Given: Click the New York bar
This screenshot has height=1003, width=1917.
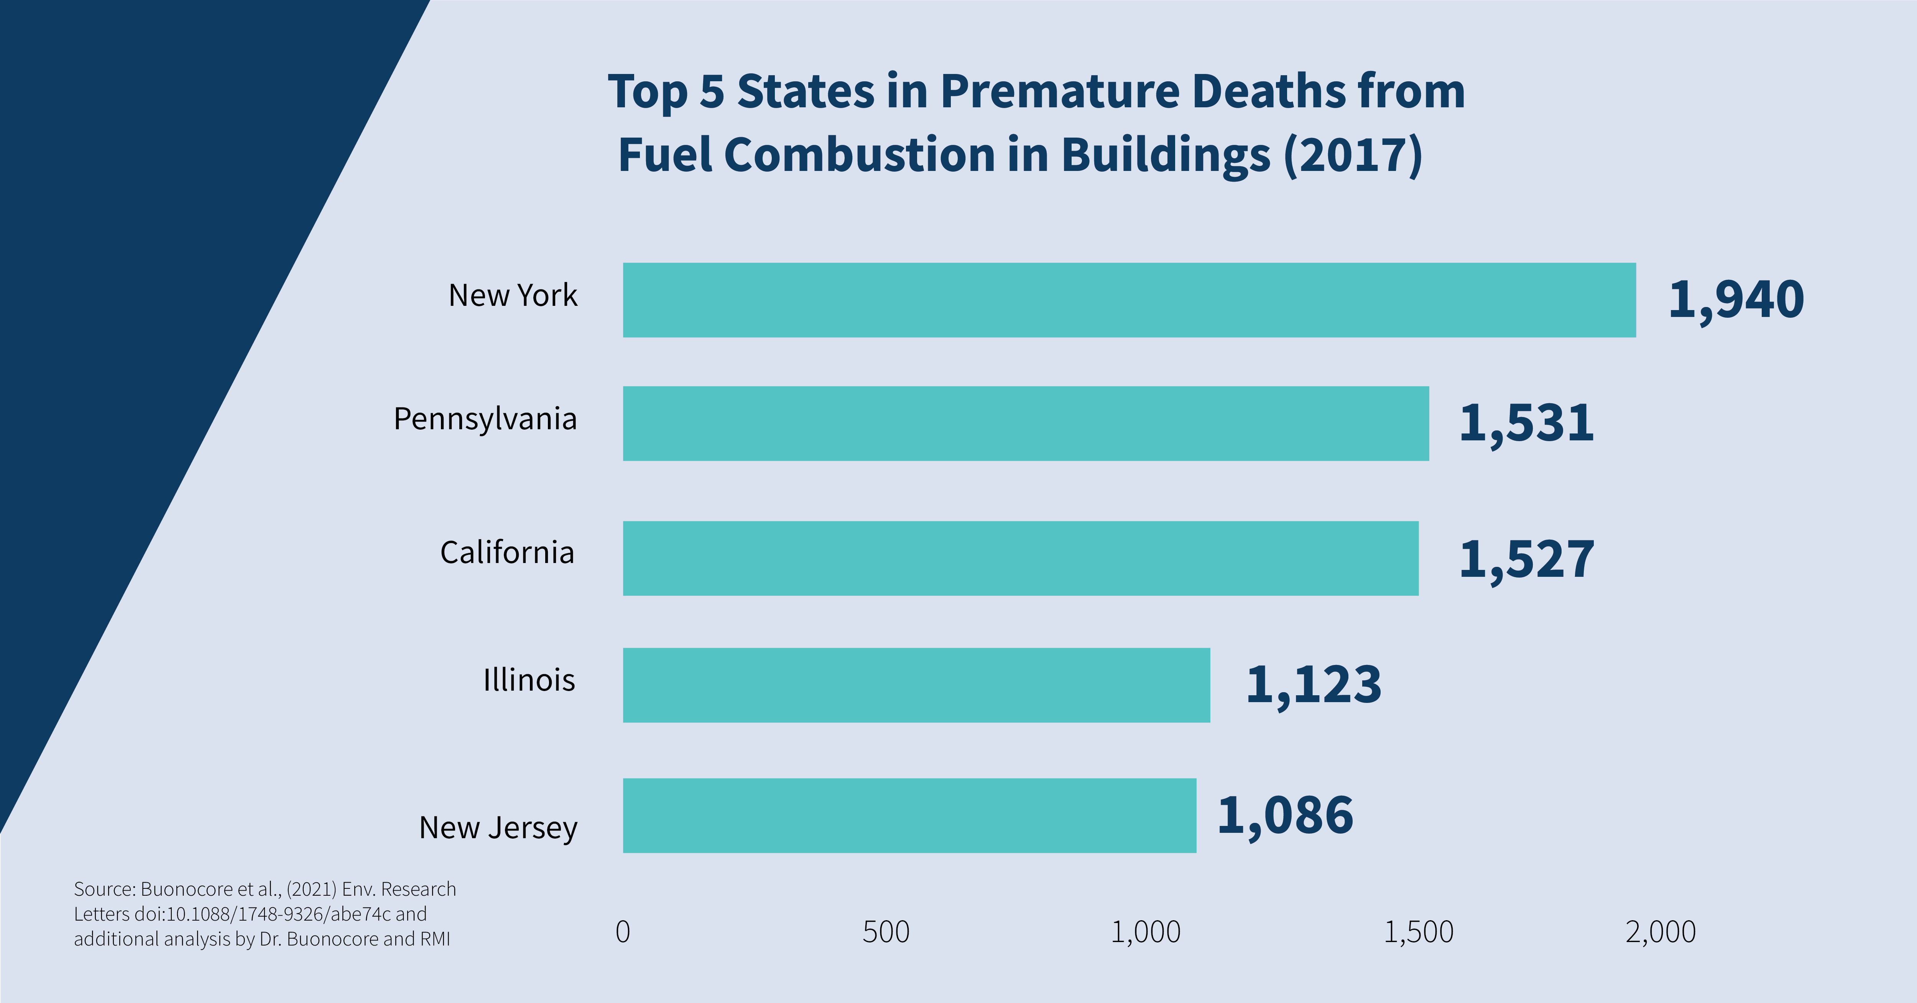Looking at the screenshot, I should [1129, 300].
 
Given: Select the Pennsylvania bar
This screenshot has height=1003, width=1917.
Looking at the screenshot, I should [1026, 424].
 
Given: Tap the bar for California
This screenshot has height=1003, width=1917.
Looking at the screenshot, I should [1020, 558].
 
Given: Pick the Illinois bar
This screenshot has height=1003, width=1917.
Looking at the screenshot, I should [916, 685].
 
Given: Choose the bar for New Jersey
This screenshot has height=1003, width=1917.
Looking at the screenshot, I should [909, 816].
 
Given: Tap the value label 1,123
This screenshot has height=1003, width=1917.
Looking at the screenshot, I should [1314, 685].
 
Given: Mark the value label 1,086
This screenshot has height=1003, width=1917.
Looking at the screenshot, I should [1285, 816].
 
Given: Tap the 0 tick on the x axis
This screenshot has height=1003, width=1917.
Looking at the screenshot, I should [623, 932].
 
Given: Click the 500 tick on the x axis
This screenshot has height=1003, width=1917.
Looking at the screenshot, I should [886, 932].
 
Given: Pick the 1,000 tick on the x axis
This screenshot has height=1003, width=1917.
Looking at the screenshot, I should [1145, 932].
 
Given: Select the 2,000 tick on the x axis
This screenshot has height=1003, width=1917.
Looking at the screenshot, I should [1660, 932].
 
